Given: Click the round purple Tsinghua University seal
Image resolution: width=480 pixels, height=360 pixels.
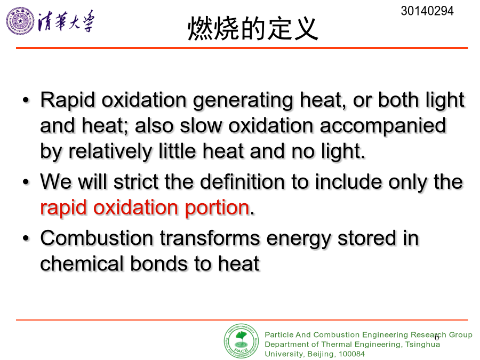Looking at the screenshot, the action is point(20,21).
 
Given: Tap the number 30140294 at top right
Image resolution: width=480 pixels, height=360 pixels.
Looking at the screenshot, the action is point(427,11).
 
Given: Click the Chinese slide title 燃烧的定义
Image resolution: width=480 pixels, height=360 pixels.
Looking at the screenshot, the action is point(253,28).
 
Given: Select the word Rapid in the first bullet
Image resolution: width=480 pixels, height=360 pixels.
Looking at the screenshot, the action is point(67,100).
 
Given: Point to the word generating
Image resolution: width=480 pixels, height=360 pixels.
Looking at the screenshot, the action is point(243,101).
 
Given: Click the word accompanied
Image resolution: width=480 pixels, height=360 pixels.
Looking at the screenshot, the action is point(382,126).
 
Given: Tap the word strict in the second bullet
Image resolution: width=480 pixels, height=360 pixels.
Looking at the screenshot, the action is point(136,181).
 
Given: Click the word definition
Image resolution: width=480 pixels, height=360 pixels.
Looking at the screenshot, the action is point(243,181).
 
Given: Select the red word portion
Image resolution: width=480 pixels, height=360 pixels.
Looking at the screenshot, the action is point(217,208).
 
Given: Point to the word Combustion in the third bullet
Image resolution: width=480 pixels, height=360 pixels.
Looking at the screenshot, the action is point(97,238).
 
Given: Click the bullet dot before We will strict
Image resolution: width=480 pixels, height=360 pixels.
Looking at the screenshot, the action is point(26,182).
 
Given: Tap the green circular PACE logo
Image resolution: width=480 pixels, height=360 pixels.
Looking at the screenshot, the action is point(241,341).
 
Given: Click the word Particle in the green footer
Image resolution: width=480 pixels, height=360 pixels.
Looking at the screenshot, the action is point(279,334).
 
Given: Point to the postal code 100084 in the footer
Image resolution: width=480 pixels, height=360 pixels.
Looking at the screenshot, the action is point(352,354).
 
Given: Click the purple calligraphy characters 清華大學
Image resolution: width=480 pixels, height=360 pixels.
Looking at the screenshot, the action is point(66,21).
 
